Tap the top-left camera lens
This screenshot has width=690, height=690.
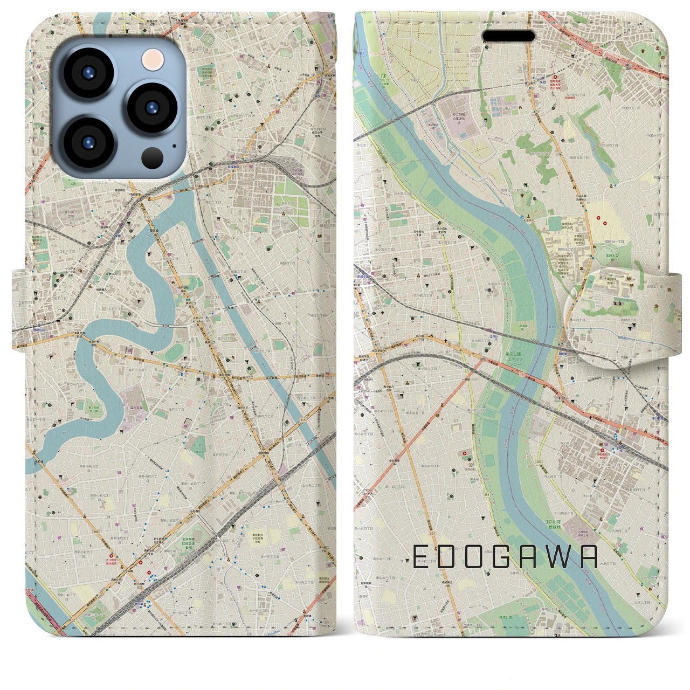point(88,73)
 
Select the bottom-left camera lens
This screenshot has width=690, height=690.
point(88,141)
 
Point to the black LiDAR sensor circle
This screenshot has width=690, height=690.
point(153,158)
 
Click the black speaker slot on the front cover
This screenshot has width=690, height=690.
point(508,36)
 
